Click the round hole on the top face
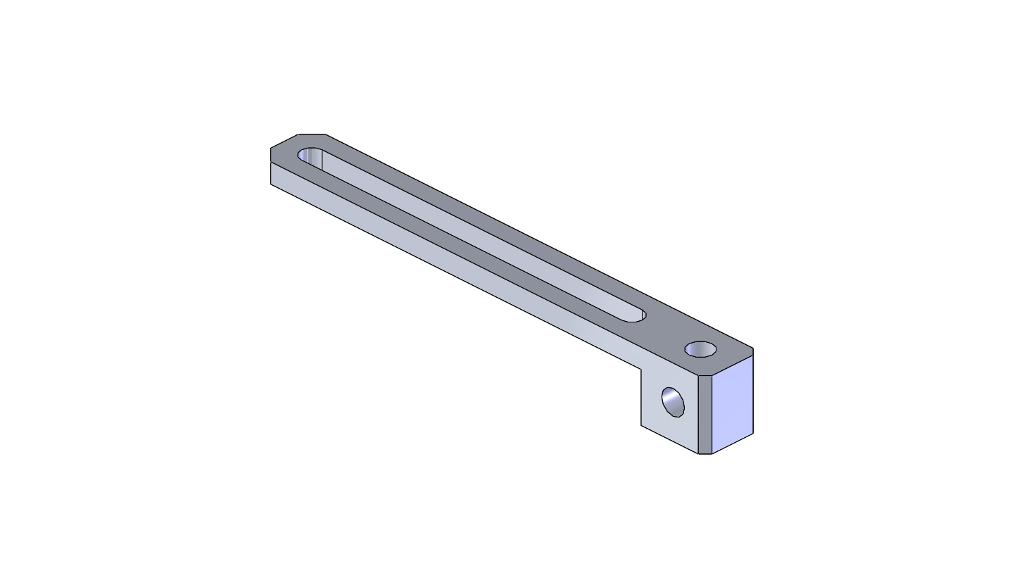pos(700,348)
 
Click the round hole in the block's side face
pos(674,401)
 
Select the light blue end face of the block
pos(733,405)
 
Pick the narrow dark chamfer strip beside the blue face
pos(705,415)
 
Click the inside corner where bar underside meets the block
pos(641,368)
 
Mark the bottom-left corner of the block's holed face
pos(641,424)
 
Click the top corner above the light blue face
pos(753,349)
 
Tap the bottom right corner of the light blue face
pos(753,434)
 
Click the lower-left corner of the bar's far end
pos(271,184)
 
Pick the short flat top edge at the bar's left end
pos(312,134)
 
